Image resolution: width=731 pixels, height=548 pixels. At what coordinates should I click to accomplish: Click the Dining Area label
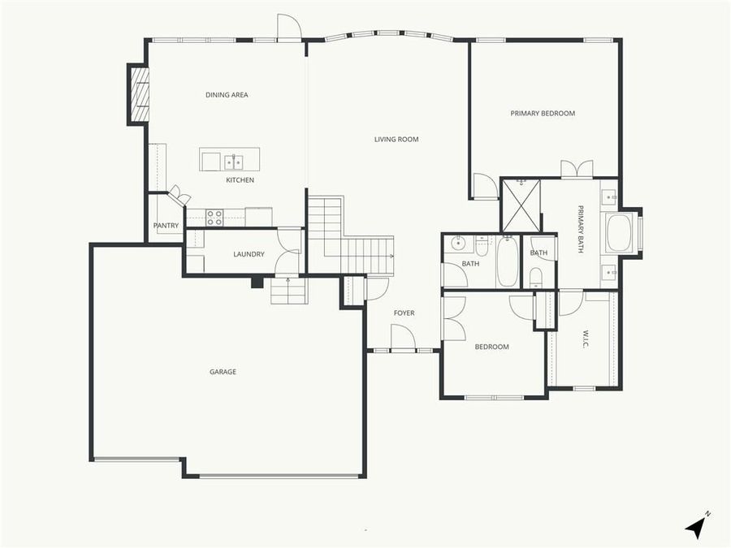[x=227, y=95]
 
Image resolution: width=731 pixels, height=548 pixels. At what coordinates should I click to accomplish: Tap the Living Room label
[x=396, y=140]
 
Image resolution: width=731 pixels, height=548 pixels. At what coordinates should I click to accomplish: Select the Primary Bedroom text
[x=543, y=114]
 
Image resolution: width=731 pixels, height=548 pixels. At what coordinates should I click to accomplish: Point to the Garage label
[x=223, y=372]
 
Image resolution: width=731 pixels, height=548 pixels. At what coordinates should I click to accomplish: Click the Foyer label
[x=404, y=313]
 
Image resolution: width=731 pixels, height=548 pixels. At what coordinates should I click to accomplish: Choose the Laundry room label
[x=249, y=254]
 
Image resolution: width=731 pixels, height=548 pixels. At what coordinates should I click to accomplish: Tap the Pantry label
[x=166, y=226]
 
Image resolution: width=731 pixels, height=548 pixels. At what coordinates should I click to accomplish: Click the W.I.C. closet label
[x=584, y=339]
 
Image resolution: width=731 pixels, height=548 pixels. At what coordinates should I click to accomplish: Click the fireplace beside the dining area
[x=140, y=94]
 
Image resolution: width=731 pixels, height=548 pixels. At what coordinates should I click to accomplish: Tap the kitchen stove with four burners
[x=214, y=218]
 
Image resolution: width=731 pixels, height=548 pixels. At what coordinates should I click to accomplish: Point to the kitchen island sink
[x=234, y=162]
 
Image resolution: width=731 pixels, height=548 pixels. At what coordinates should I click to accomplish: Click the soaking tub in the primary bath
[x=621, y=233]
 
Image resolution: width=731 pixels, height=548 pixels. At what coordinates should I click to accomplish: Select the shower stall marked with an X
[x=520, y=205]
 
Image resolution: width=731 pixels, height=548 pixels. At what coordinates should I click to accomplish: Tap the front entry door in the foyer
[x=403, y=338]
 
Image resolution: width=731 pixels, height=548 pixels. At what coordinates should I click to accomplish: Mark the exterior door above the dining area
[x=289, y=28]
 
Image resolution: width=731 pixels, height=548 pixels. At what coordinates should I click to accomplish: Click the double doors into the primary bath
[x=577, y=169]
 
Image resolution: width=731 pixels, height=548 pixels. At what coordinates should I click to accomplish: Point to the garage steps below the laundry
[x=289, y=291]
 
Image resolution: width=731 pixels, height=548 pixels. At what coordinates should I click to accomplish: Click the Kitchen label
[x=240, y=180]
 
